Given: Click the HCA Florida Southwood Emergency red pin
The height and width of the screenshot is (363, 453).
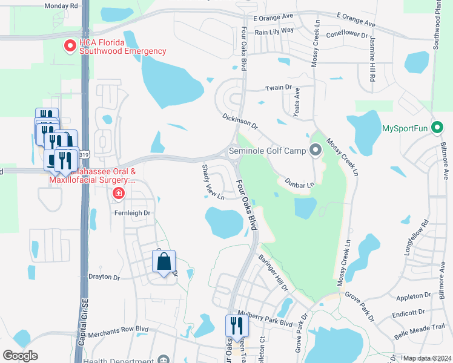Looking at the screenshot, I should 70,45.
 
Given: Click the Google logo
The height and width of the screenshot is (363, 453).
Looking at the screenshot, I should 21,356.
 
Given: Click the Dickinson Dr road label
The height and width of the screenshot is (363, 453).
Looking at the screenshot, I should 240,121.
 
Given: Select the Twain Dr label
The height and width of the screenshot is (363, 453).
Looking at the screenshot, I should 279,88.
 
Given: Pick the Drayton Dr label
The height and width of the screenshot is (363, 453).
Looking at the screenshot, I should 100,276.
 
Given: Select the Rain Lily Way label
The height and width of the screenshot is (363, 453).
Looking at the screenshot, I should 274,30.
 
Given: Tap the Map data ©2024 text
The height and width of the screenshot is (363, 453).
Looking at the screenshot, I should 427,358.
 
